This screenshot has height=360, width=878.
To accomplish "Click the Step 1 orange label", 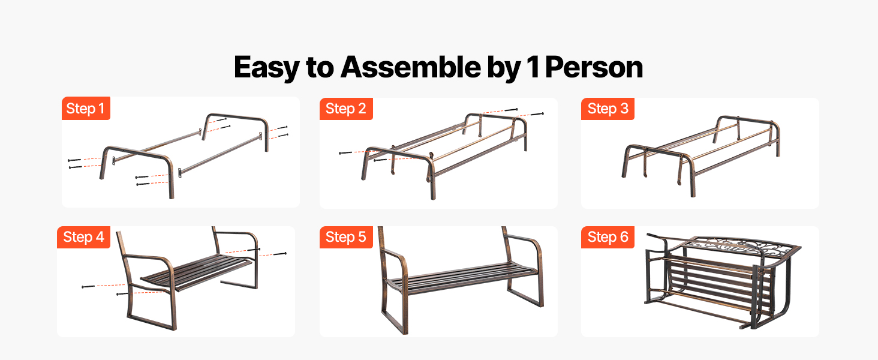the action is click(x=86, y=108).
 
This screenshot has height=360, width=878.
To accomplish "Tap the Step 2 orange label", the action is click(x=345, y=109).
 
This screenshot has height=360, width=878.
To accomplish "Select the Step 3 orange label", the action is click(x=608, y=109).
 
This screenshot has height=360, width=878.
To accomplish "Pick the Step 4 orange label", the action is click(x=83, y=237).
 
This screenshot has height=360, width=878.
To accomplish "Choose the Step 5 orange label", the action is click(x=345, y=237).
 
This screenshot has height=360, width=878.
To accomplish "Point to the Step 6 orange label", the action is click(x=608, y=237).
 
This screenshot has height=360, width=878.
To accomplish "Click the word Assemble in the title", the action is click(x=410, y=67).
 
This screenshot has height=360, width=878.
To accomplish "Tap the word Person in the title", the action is click(x=594, y=67).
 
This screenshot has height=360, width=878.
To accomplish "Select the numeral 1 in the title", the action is click(x=533, y=67).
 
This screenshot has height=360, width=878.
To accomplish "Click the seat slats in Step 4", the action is click(x=196, y=272).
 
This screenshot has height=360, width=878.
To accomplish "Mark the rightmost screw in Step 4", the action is click(x=280, y=254).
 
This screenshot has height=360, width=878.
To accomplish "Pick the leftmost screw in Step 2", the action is click(x=345, y=152).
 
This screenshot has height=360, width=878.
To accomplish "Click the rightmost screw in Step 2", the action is click(x=537, y=114).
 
